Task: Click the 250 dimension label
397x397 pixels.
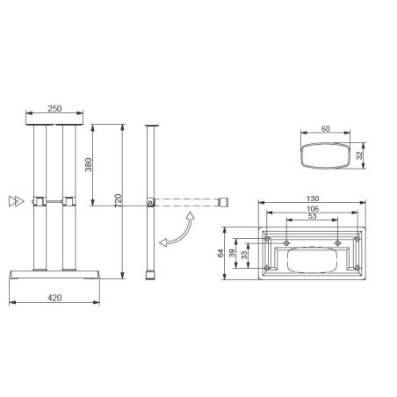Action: point(54,108)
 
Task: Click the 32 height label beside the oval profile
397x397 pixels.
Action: point(359,155)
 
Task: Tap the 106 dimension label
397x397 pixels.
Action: point(313,211)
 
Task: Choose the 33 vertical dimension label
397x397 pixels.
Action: point(245,256)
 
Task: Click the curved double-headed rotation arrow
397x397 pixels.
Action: point(175,229)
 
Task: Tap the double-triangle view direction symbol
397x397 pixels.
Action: point(14,201)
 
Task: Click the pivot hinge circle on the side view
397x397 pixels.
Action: point(151,203)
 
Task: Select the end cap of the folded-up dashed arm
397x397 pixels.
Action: point(224,203)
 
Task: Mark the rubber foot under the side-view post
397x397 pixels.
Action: point(151,276)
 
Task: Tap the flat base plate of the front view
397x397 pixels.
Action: point(54,273)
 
